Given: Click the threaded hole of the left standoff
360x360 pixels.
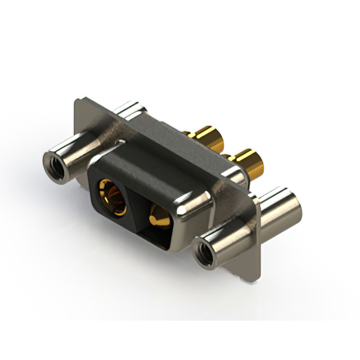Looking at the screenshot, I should tap(55, 164).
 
